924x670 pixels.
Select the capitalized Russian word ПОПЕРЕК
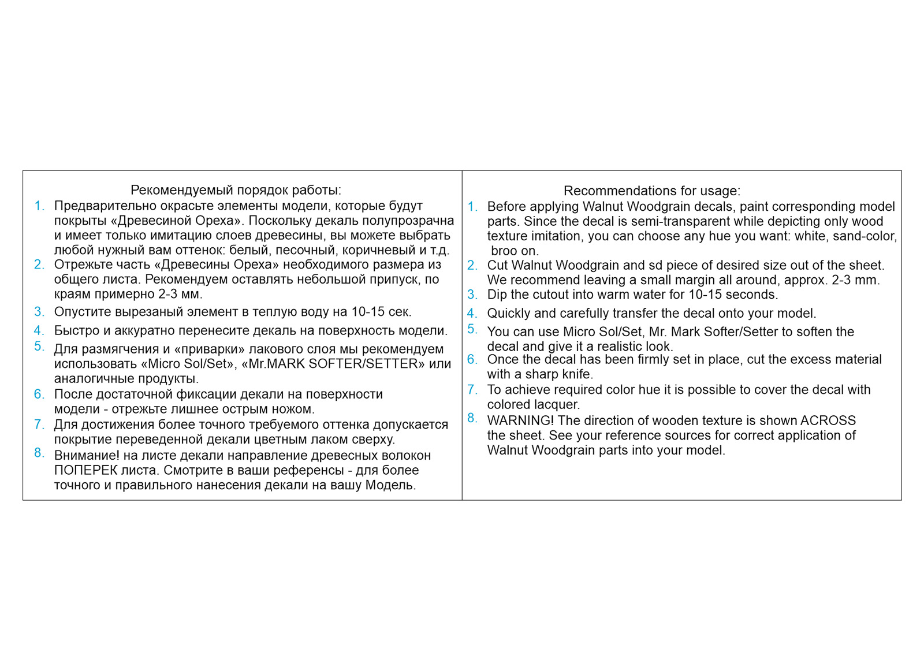[81, 470]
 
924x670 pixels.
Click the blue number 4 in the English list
[472, 313]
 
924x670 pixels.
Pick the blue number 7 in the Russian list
[39, 425]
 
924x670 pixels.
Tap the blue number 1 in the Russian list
[39, 206]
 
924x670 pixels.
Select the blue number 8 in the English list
[472, 418]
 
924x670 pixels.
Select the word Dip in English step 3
[497, 295]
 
